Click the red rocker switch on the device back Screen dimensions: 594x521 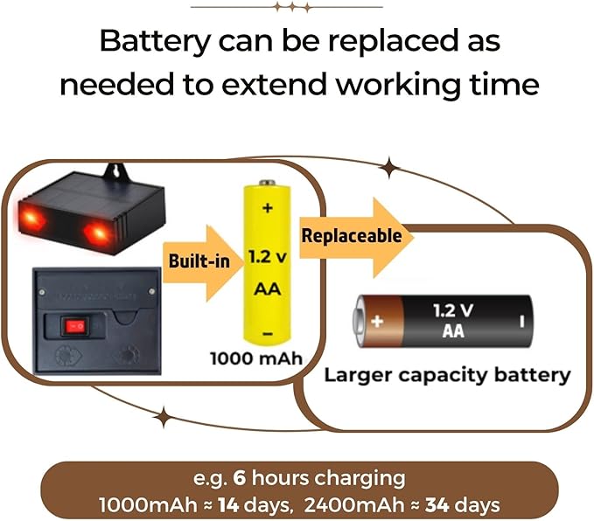pyautogui.click(x=75, y=325)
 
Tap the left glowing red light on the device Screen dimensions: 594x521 pyautogui.click(x=31, y=219)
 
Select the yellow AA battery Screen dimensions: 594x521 pyautogui.click(x=267, y=263)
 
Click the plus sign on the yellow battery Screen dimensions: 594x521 pyautogui.click(x=268, y=207)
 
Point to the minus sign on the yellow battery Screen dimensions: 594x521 pyautogui.click(x=268, y=334)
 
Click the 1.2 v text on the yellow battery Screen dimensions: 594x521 pyautogui.click(x=268, y=257)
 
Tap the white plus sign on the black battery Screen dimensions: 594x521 pyautogui.click(x=377, y=322)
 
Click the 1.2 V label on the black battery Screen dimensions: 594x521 pyautogui.click(x=453, y=311)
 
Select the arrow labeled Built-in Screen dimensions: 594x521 pyautogui.click(x=203, y=263)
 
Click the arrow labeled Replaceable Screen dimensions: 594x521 pyautogui.click(x=356, y=238)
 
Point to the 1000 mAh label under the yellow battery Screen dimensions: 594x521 pyautogui.click(x=256, y=358)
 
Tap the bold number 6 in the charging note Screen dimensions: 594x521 pyautogui.click(x=240, y=478)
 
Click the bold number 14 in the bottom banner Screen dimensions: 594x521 pyautogui.click(x=228, y=504)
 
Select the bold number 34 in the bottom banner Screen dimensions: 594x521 pyautogui.click(x=437, y=504)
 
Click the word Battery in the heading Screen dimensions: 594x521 pyautogui.click(x=155, y=42)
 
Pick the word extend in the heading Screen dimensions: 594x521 pyautogui.click(x=274, y=85)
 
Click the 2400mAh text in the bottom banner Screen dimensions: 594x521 pyautogui.click(x=354, y=504)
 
